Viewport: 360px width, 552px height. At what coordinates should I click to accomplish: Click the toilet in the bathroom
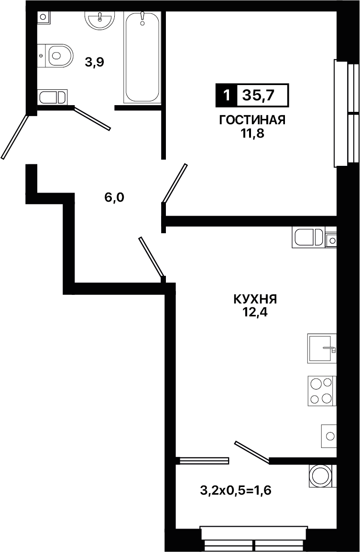(55, 55)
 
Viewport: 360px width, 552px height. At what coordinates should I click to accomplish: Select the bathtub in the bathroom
(142, 57)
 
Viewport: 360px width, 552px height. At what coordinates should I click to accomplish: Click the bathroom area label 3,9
(94, 63)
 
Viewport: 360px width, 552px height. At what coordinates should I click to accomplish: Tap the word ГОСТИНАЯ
(252, 120)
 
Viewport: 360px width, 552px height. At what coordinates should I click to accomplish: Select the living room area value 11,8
(252, 134)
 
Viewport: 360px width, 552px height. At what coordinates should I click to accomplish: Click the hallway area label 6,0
(114, 197)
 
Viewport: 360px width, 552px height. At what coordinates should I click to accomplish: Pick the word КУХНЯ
(255, 299)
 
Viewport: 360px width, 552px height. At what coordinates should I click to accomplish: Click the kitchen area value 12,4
(255, 312)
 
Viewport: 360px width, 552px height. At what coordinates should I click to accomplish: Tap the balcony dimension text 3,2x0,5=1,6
(236, 490)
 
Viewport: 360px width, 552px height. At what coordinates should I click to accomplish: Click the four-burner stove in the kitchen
(322, 391)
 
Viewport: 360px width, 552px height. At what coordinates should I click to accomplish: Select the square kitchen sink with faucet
(322, 348)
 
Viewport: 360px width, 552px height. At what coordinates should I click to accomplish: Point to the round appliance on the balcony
(322, 476)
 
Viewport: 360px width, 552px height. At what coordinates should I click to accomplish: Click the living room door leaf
(175, 183)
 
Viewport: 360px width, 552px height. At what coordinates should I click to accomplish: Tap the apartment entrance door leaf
(14, 136)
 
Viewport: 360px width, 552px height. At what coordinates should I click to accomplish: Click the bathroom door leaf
(92, 119)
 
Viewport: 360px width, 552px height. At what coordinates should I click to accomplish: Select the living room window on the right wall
(347, 113)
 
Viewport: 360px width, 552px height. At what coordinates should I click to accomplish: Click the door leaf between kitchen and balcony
(252, 451)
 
